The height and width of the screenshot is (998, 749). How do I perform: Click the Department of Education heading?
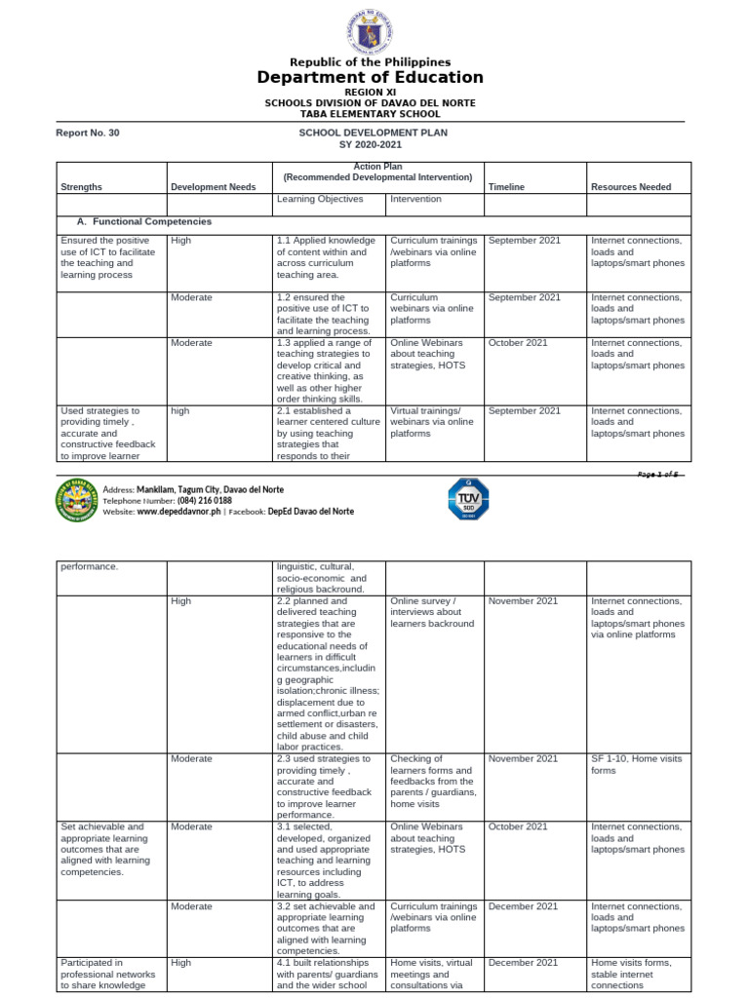coord(370,77)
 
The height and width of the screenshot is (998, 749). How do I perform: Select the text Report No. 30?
coord(90,133)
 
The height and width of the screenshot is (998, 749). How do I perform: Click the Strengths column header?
coord(81,186)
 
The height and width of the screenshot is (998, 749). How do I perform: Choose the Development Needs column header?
coord(213,186)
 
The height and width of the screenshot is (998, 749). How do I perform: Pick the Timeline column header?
coord(506,186)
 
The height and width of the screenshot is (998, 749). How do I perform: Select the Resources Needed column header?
coord(630,186)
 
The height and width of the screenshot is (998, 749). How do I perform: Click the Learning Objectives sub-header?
coord(320,199)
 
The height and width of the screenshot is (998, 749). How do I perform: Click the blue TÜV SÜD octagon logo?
coord(467,499)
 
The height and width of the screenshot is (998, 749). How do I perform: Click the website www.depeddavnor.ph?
coord(179,511)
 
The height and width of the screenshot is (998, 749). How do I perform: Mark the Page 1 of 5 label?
coord(658,473)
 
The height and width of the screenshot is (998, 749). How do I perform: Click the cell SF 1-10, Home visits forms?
coord(636,763)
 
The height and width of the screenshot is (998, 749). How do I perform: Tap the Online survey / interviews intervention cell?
coord(432,612)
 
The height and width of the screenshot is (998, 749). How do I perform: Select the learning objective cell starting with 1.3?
coord(325,370)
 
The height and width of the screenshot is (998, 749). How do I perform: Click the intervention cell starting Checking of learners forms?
coord(432,781)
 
